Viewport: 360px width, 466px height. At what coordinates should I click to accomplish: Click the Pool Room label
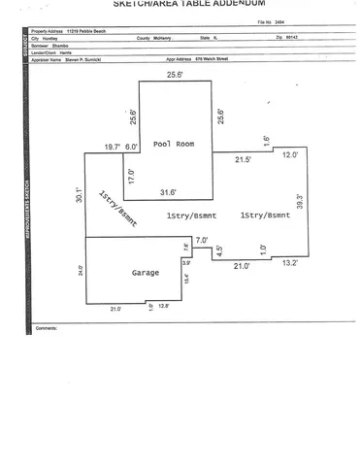[x=176, y=144]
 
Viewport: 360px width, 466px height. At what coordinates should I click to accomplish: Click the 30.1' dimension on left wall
[x=80, y=197]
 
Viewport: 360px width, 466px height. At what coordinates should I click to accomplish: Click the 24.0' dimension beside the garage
[x=81, y=273]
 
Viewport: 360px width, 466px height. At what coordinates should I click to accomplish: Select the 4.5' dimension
[x=220, y=250]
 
